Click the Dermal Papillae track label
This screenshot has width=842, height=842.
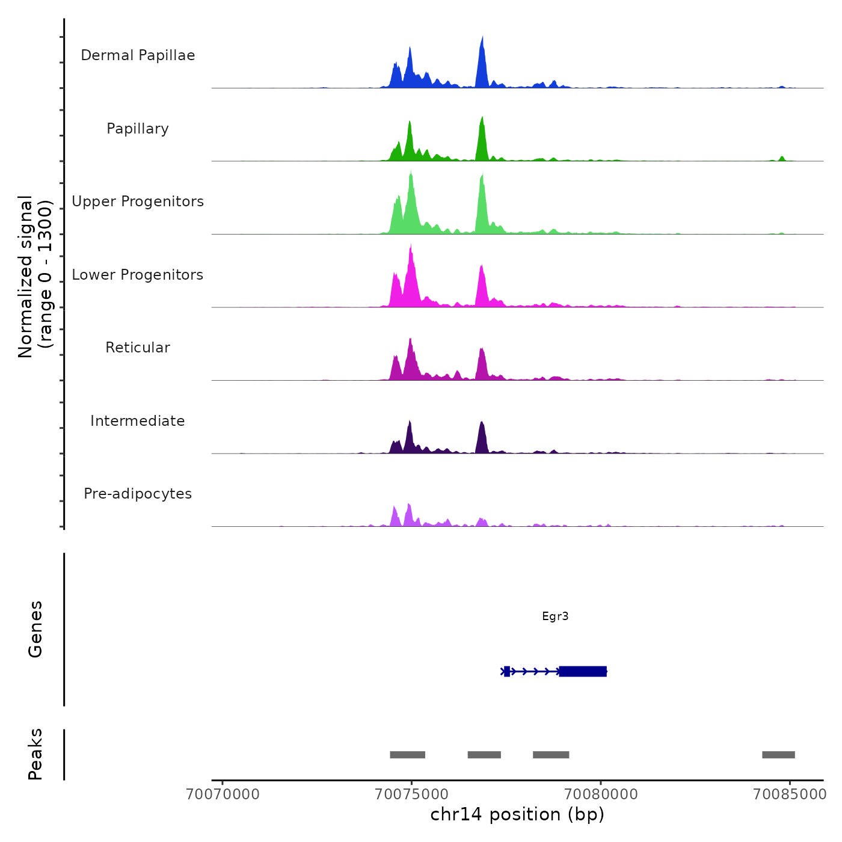[138, 55]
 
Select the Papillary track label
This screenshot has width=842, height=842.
[138, 129]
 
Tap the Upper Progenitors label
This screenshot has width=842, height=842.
[138, 201]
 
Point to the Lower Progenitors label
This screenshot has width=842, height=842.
[138, 275]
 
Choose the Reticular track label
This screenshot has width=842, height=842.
[138, 348]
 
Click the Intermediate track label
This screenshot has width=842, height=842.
[138, 421]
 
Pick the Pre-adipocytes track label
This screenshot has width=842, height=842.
[138, 494]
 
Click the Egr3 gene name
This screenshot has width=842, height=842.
[555, 616]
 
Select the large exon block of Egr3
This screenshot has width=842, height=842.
[582, 671]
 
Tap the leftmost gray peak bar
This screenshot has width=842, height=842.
[407, 755]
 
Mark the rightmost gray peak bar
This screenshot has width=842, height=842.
[778, 755]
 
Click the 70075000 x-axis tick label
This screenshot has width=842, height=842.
[411, 794]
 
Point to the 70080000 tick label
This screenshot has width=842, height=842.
[601, 794]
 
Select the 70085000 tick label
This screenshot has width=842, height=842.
[790, 794]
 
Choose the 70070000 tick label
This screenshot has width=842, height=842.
[223, 794]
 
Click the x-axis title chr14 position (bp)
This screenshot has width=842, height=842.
[517, 814]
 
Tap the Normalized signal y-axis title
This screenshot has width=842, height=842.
[35, 277]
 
